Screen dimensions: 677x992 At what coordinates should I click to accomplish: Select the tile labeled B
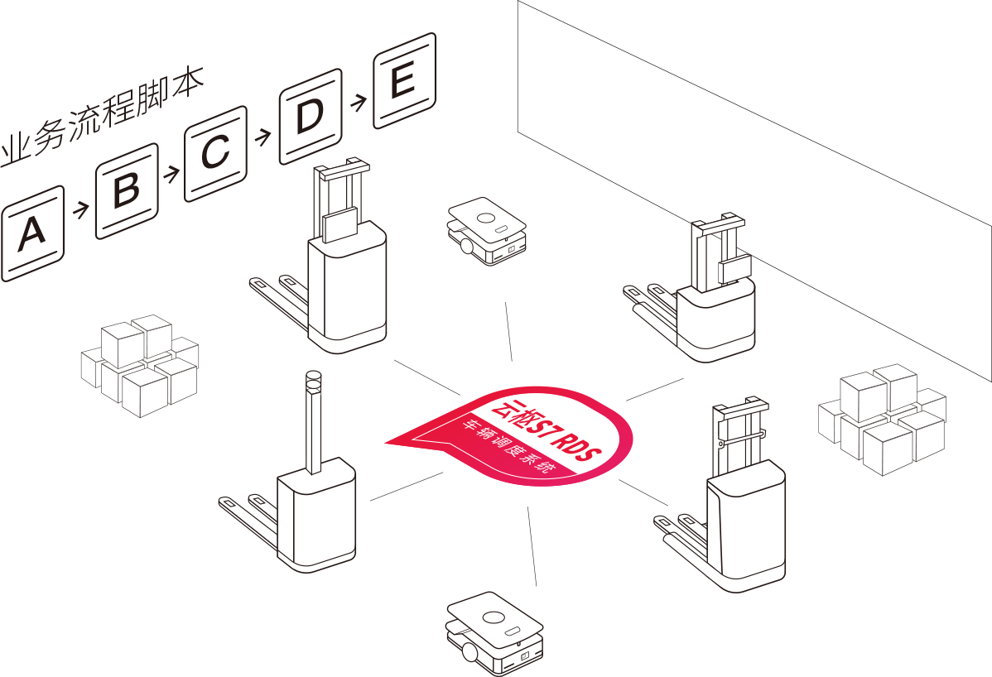coord(127,190)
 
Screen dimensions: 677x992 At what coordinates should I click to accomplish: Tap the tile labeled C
coord(216,153)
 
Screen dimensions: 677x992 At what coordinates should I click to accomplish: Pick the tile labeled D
coord(310,116)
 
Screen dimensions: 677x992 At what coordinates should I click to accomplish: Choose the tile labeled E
coord(404,80)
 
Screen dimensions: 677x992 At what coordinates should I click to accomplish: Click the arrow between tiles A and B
coord(80,210)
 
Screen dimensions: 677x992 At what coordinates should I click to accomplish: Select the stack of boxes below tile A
coord(139,364)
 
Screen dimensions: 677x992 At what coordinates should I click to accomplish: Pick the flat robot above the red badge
coord(487,230)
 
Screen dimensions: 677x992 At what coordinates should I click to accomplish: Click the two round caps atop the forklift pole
coord(313,381)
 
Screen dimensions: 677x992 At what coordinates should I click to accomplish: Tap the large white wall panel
coord(745,124)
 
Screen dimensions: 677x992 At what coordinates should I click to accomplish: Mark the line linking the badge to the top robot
coord(508,332)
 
